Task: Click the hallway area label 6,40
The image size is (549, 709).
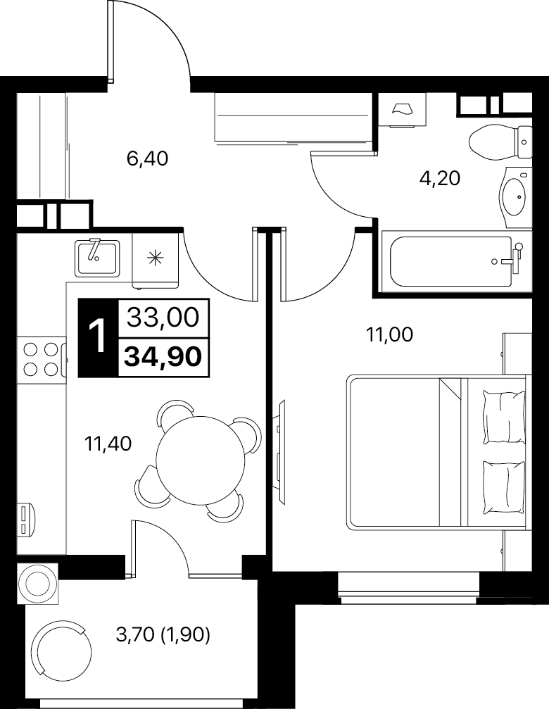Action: [x=147, y=159]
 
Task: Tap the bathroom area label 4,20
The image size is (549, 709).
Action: [x=440, y=179]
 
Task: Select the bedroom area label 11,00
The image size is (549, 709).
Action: [x=389, y=335]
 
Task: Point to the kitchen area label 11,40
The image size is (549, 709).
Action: [x=108, y=444]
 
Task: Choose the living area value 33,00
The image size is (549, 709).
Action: [x=163, y=318]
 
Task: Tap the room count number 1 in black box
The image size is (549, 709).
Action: [x=98, y=338]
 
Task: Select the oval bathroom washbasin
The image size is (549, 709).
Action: [x=515, y=197]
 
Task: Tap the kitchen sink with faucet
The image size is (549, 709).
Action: [x=97, y=258]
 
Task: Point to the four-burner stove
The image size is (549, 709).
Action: [x=41, y=359]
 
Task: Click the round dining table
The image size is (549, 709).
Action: [x=200, y=460]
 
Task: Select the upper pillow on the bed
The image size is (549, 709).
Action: [x=504, y=416]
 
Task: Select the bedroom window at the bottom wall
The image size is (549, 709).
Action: [x=408, y=587]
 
